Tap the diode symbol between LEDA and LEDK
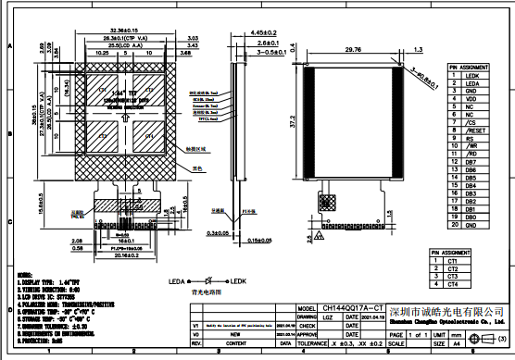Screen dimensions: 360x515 click(210, 280)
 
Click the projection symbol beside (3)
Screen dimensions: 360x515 click(484, 341)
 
